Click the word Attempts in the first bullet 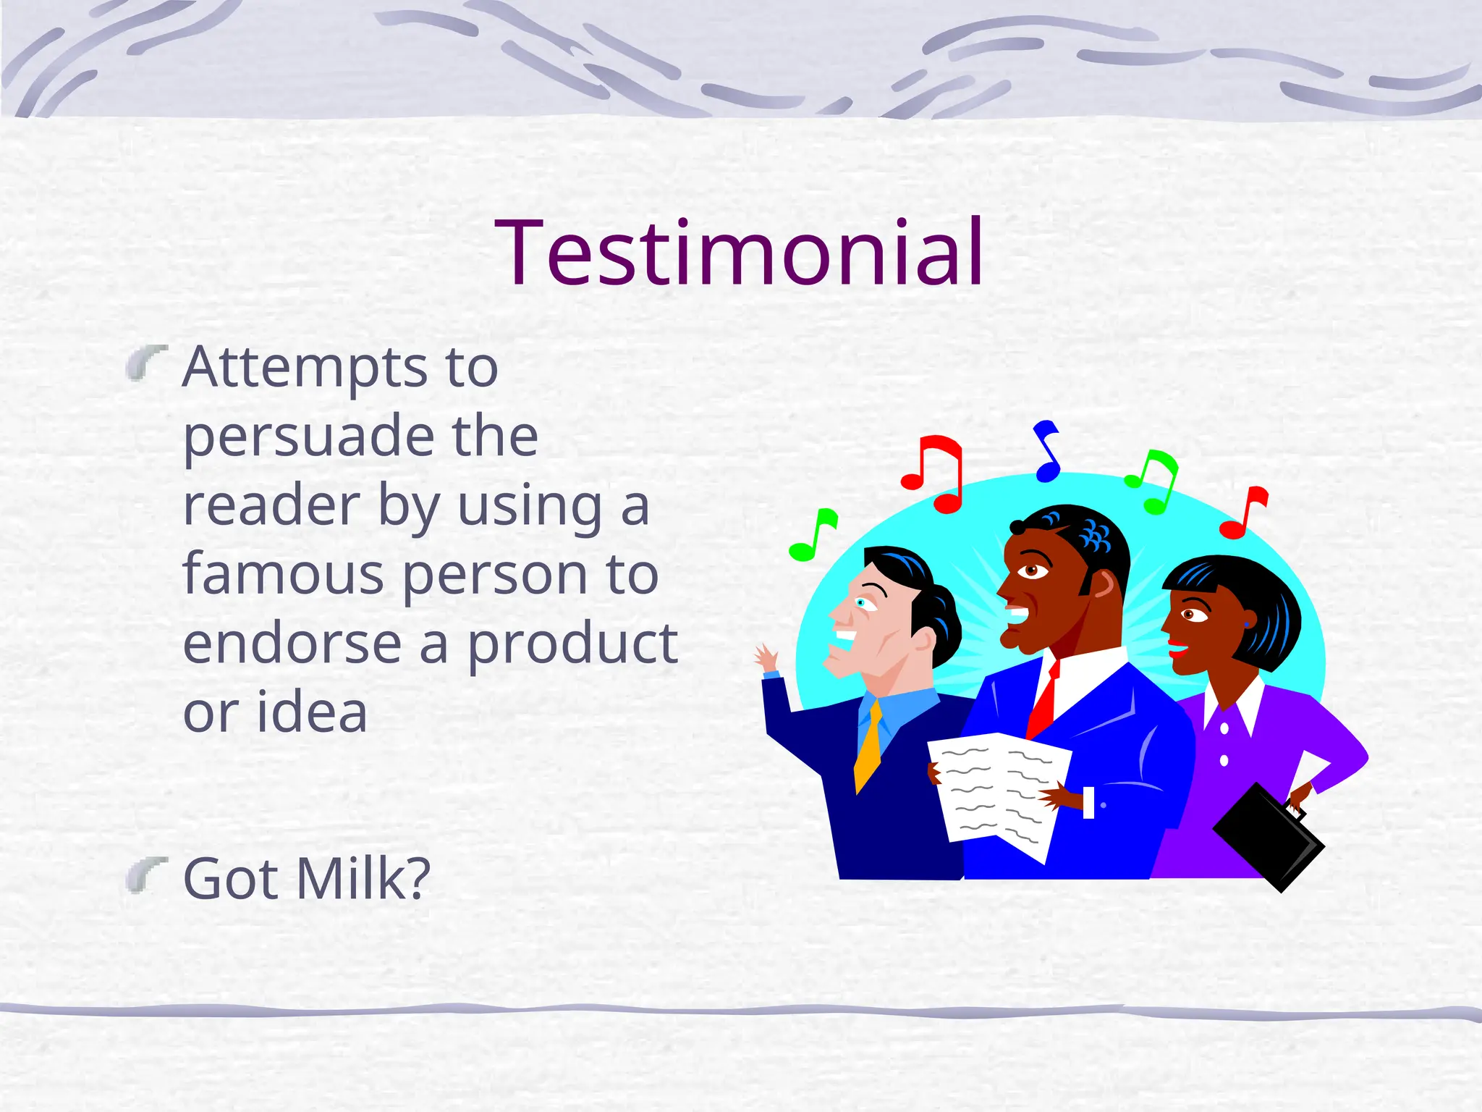tap(305, 368)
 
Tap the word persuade tap(308, 437)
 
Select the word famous tap(283, 574)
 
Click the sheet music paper tap(999, 793)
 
